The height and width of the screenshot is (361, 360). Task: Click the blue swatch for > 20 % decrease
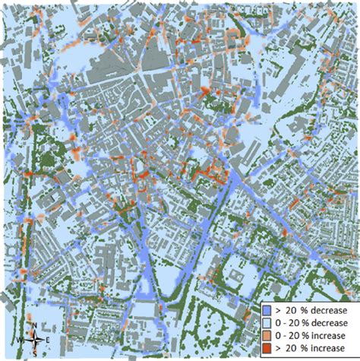(x=267, y=310)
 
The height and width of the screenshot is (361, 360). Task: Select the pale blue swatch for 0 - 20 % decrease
(x=267, y=322)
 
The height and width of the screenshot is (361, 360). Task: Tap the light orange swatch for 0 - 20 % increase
(x=267, y=334)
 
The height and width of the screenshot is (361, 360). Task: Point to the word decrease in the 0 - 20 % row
(x=329, y=322)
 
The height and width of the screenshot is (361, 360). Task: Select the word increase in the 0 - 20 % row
(x=328, y=334)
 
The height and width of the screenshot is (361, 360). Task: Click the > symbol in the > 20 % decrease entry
(x=278, y=310)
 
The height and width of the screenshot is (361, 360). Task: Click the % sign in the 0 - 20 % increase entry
(x=306, y=334)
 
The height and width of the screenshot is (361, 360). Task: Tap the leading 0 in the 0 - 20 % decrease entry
(x=276, y=322)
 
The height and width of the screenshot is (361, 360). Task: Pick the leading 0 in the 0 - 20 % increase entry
(x=276, y=334)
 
